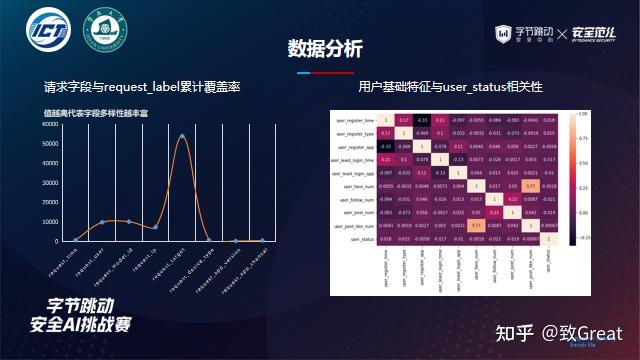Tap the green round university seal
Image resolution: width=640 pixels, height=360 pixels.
pos(105,33)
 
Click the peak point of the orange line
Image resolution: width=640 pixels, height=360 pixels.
pos(182,135)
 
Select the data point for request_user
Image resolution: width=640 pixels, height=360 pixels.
pos(102,222)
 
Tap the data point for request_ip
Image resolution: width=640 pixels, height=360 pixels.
pos(155,227)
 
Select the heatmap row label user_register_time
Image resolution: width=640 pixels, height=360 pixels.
pos(356,120)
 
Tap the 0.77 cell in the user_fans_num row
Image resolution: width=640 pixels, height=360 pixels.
pos(527,185)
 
